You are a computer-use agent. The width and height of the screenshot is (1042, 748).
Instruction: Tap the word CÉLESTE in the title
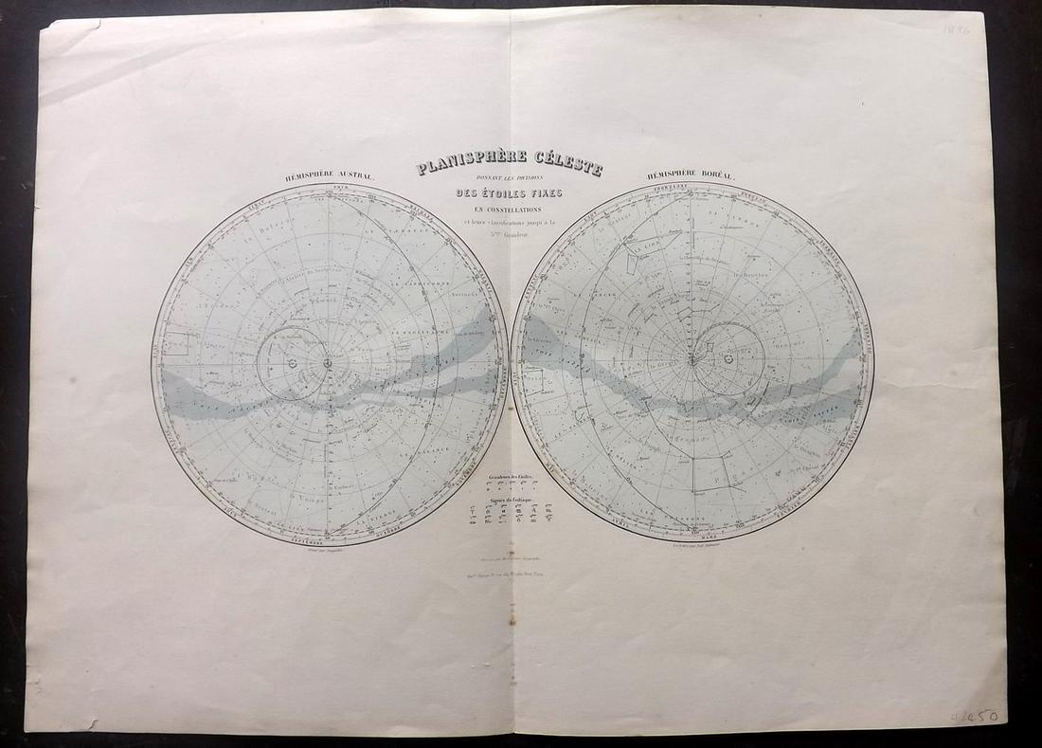[565, 167]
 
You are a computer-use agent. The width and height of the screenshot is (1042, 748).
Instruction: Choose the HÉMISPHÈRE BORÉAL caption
[691, 175]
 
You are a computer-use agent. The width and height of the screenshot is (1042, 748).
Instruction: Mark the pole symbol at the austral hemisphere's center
[328, 362]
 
